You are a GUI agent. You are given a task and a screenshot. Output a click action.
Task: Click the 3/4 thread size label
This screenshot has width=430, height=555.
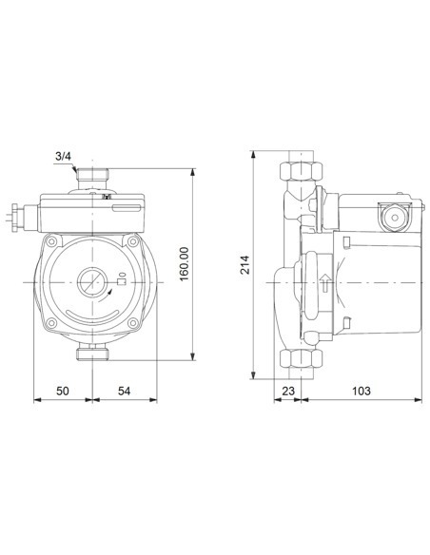(x=62, y=157)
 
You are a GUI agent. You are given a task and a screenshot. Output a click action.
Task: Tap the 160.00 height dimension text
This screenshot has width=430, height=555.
(x=184, y=263)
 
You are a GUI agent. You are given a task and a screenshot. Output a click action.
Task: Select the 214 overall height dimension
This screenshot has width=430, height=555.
(x=244, y=263)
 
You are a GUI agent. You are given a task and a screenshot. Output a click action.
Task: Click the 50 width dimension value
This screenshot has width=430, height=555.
(x=63, y=391)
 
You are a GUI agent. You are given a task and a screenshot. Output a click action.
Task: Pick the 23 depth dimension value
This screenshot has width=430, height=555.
(x=287, y=391)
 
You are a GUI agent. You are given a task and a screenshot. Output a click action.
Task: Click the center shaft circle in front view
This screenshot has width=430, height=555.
(x=92, y=282)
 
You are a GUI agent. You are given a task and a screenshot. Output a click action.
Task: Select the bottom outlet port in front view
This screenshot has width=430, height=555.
(x=91, y=354)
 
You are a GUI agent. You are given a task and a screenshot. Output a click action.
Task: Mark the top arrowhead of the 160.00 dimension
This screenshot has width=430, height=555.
(x=194, y=172)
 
